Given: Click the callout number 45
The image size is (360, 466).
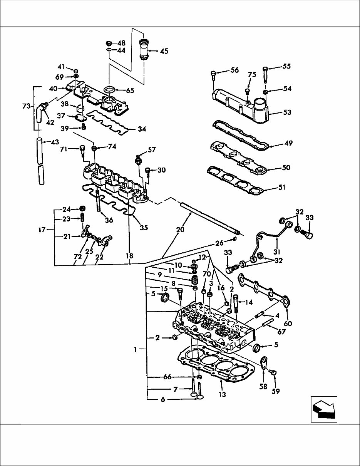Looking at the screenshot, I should [x=164, y=51].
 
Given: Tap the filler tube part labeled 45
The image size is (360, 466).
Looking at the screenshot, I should [x=145, y=49].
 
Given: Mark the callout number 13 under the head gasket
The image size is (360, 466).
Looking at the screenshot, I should [x=222, y=394].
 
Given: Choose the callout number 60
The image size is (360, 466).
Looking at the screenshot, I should [x=288, y=324].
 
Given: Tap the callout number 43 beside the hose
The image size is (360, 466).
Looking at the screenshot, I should [x=55, y=142].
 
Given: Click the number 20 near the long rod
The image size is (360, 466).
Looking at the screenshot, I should [x=180, y=230].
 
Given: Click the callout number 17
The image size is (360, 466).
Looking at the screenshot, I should [x=42, y=230].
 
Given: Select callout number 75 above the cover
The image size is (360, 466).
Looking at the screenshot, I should [x=252, y=75].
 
